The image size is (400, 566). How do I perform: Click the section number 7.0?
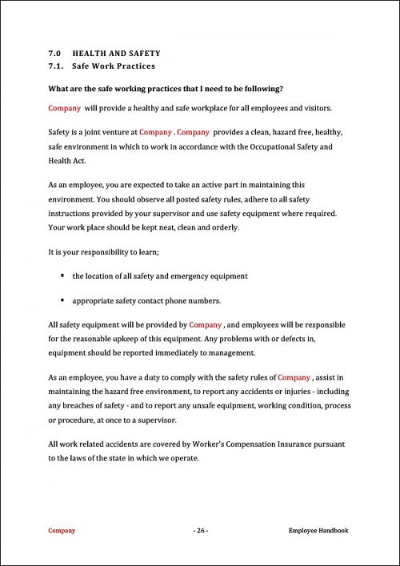point(54,53)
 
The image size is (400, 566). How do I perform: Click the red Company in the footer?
point(62,530)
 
